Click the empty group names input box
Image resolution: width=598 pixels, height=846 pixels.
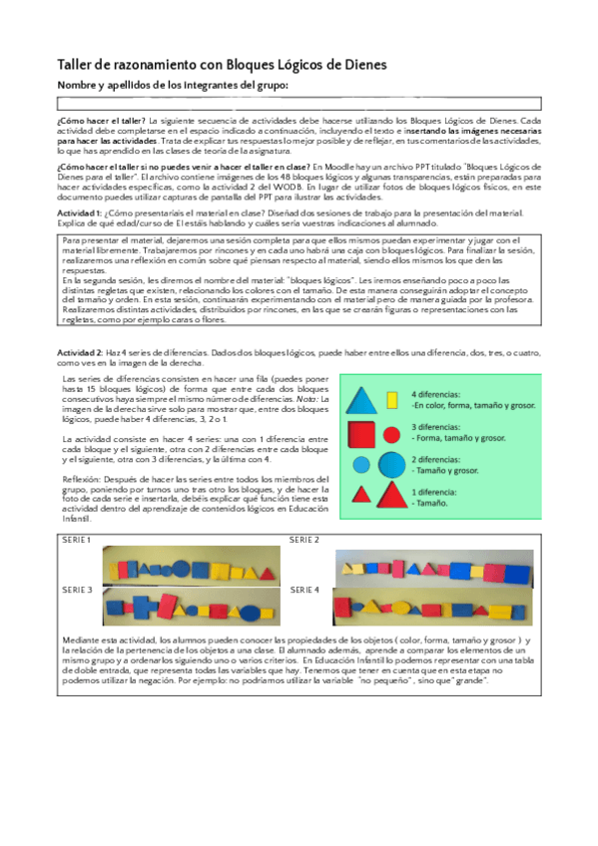299,103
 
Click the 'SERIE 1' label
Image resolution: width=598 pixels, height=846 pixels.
77,540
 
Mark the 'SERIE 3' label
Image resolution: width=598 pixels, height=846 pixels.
77,590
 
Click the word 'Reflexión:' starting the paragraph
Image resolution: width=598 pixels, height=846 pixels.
81,478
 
